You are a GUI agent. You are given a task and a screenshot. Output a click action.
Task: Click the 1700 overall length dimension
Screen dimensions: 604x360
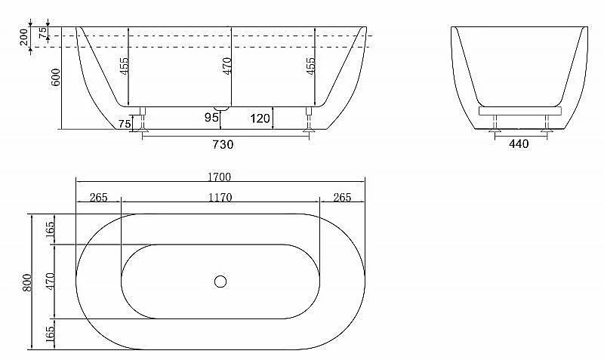(219, 177)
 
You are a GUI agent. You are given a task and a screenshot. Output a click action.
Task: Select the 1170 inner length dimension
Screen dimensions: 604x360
(220, 198)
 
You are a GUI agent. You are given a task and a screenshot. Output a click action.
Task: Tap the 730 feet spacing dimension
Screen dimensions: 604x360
(223, 144)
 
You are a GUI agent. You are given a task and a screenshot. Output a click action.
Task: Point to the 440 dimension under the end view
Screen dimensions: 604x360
(519, 143)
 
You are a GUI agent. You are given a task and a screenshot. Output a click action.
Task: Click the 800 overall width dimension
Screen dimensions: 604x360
(27, 282)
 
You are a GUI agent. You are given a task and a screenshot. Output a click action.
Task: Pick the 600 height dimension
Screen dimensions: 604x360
(55, 77)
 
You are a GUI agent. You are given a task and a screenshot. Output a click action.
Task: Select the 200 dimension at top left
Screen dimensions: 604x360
(24, 37)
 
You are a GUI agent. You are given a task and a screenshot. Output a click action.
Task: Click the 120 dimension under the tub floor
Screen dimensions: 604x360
(260, 118)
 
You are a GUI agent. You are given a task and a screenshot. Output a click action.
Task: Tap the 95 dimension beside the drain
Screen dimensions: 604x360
(211, 117)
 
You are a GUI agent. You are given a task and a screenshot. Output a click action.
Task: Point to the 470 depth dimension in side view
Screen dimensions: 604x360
(227, 66)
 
